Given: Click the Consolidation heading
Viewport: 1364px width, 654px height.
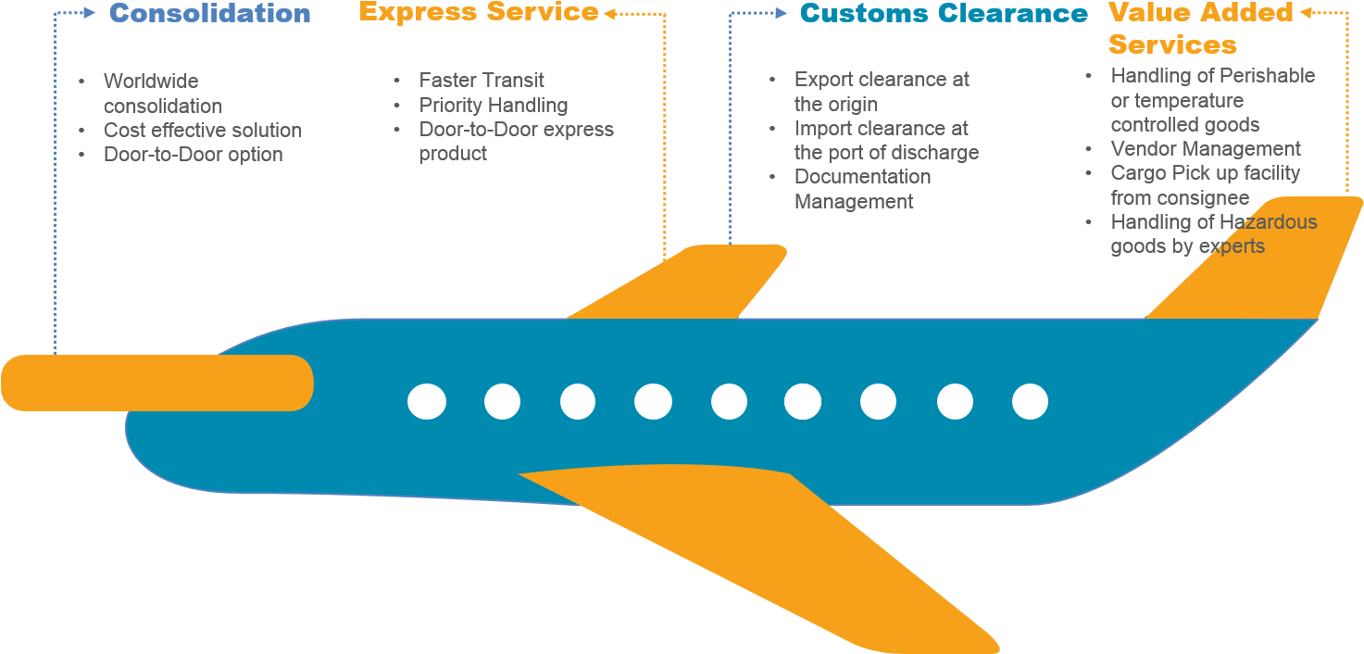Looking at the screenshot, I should [x=210, y=14].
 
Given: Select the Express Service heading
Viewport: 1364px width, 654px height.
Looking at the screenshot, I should [x=479, y=12].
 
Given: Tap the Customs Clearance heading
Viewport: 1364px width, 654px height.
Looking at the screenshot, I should [x=944, y=14].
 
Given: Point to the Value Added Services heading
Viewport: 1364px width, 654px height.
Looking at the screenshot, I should [x=1200, y=29].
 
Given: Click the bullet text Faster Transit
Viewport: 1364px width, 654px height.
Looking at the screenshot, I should [x=482, y=81].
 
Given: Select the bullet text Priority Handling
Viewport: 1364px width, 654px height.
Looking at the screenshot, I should [x=494, y=105].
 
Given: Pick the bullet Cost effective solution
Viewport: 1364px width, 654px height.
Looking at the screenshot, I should [x=203, y=131].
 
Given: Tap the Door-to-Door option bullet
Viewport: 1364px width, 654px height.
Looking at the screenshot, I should [x=194, y=155].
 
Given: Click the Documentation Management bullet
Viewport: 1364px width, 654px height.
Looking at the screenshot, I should [x=862, y=189].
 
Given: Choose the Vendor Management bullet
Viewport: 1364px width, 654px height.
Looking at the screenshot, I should [x=1206, y=149].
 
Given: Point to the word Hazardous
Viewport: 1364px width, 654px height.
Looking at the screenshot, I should [x=1268, y=222].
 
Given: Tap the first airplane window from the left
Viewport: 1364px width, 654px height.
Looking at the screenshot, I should [x=427, y=402].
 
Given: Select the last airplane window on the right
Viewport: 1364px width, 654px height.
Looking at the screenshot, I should [x=1030, y=403].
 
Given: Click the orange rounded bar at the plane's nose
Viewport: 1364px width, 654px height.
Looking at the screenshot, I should [x=157, y=383].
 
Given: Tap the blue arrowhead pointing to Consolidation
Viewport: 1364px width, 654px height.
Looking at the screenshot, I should [x=90, y=13].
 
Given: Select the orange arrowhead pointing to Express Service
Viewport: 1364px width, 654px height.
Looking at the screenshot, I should [x=609, y=13].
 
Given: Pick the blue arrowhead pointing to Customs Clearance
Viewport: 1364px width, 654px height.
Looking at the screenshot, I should [x=782, y=14].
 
